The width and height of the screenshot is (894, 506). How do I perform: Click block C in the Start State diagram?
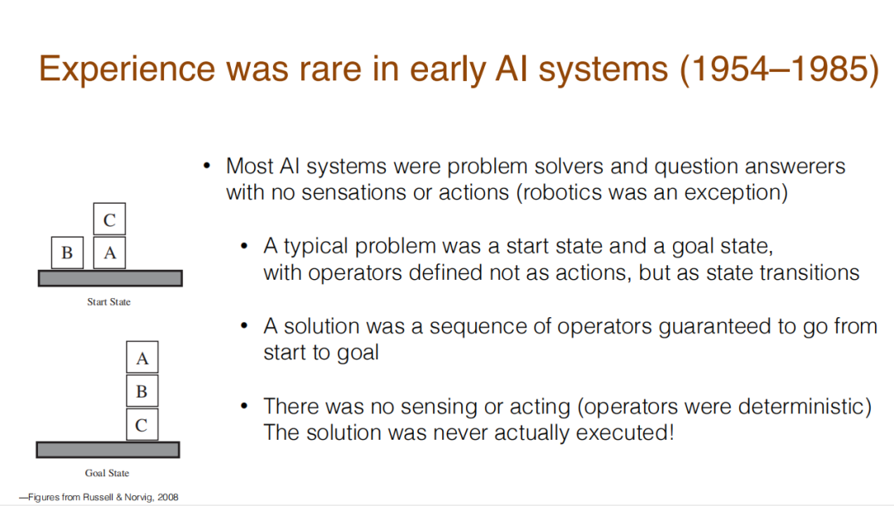pyautogui.click(x=109, y=219)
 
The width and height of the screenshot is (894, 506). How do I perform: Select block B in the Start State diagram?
pyautogui.click(x=67, y=253)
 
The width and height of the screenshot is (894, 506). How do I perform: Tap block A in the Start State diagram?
pyautogui.click(x=109, y=253)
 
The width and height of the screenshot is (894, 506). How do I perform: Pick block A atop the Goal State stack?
pyautogui.click(x=142, y=357)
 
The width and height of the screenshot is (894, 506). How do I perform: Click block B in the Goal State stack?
pyautogui.click(x=142, y=391)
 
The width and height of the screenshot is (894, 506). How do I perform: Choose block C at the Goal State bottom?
pyautogui.click(x=142, y=424)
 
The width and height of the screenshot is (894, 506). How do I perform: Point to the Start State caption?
pyautogui.click(x=109, y=301)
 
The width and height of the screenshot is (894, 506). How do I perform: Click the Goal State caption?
pyautogui.click(x=107, y=473)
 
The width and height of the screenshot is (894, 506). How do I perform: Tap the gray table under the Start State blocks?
pyautogui.click(x=110, y=278)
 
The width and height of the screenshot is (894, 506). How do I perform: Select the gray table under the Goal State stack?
pyautogui.click(x=108, y=450)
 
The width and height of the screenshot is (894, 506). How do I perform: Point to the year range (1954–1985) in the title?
pyautogui.click(x=780, y=69)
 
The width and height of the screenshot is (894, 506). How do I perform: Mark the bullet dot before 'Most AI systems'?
pyautogui.click(x=207, y=166)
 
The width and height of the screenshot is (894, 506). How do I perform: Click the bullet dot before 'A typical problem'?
pyautogui.click(x=244, y=246)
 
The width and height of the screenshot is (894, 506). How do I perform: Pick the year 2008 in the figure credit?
pyautogui.click(x=167, y=497)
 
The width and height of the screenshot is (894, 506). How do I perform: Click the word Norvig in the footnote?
pyautogui.click(x=139, y=497)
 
